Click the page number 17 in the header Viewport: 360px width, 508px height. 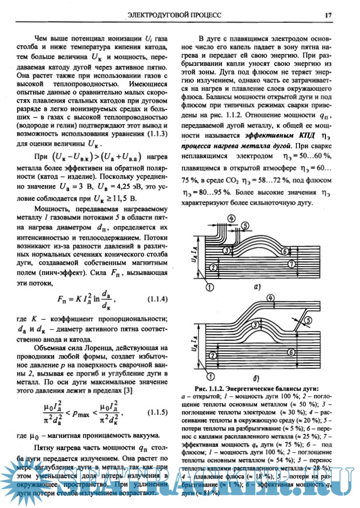pos(328,15)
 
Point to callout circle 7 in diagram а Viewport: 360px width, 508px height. pos(291,264)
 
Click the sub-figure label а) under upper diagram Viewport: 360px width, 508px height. pos(257,287)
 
